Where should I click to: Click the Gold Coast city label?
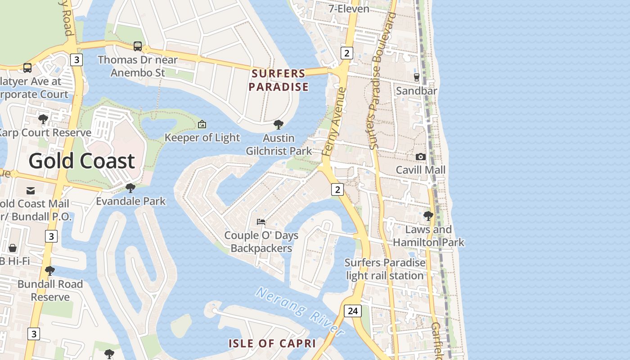click(82, 161)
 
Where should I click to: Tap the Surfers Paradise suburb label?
click(279, 80)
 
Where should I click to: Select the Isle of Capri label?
click(272, 343)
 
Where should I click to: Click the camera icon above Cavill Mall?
click(421, 157)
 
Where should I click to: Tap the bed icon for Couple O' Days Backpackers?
click(261, 221)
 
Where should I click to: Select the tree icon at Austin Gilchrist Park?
click(279, 125)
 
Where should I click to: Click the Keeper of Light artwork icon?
click(202, 124)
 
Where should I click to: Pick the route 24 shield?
click(353, 310)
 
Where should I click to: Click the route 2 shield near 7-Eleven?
click(346, 53)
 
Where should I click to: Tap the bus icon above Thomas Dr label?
click(138, 46)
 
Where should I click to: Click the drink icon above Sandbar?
click(417, 77)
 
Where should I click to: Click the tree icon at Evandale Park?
click(130, 188)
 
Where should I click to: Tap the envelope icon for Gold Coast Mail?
click(31, 191)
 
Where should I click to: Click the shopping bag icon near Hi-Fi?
click(13, 248)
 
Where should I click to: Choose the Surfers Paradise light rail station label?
click(385, 269)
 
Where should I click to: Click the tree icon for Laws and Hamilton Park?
click(428, 216)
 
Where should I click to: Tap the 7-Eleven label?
click(349, 9)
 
